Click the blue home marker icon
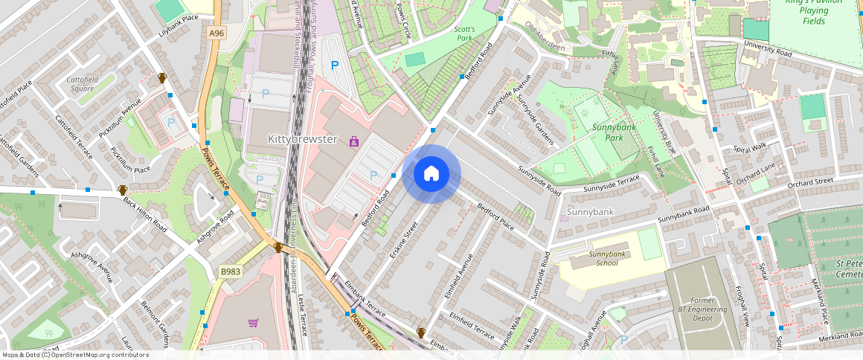point(431,174)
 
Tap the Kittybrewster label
point(303,140)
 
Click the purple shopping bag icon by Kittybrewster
point(353,140)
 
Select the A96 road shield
point(216,33)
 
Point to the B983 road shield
point(231,271)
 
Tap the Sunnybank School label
point(603,258)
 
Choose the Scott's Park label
point(464,33)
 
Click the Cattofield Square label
point(82,83)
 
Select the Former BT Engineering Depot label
point(692,308)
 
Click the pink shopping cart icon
point(253,323)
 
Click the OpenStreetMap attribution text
point(76,355)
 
